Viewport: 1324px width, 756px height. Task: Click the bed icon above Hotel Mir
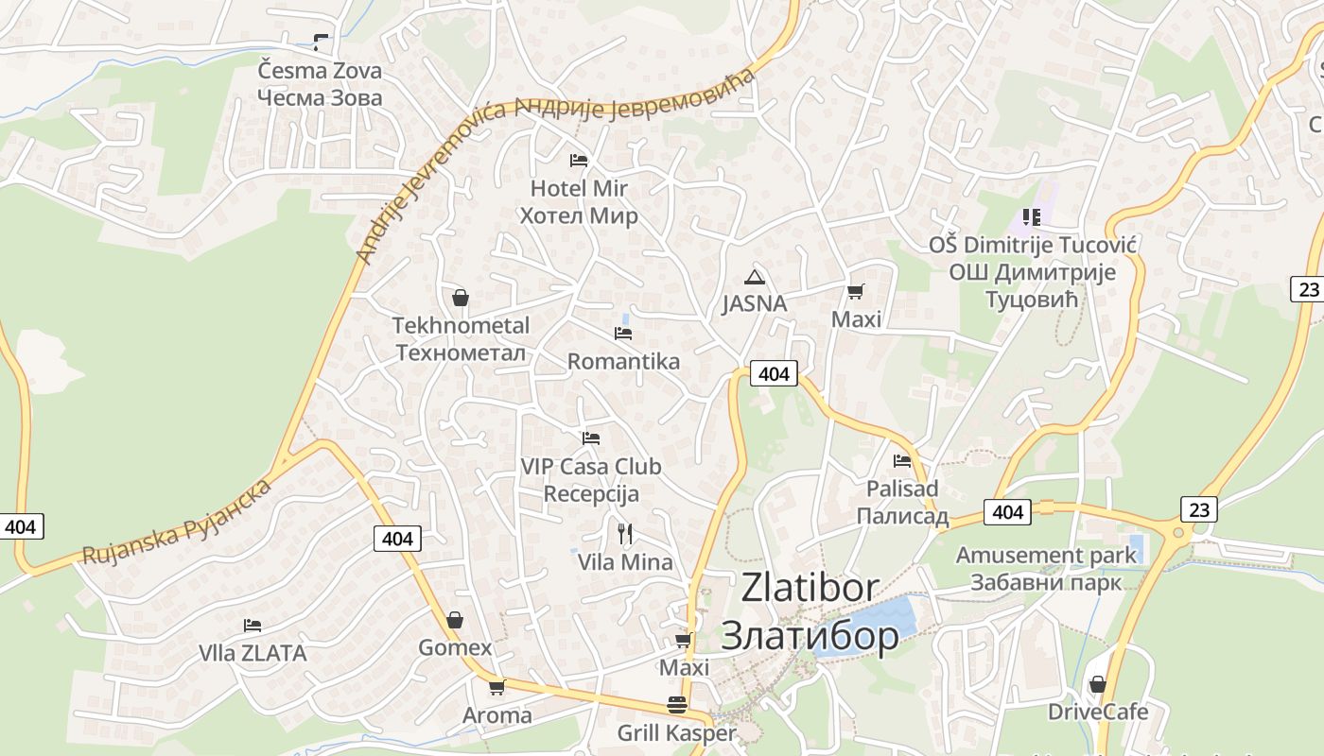[x=579, y=161]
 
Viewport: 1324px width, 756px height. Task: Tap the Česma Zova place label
[x=320, y=71]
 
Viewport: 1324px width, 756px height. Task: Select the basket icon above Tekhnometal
[x=461, y=299]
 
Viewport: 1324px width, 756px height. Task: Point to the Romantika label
[x=623, y=361]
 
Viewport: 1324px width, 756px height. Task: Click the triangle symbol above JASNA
[x=754, y=277]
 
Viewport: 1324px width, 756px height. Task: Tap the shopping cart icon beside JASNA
[x=856, y=292]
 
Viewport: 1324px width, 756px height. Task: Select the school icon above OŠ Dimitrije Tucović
[x=1031, y=217]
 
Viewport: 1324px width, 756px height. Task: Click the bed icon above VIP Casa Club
[x=591, y=438]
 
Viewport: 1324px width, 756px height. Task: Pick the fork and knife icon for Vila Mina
[x=624, y=534]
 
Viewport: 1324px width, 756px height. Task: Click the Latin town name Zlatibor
[x=810, y=588]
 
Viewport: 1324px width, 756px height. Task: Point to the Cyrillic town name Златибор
[x=810, y=635]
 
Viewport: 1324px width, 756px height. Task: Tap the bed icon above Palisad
[x=902, y=461]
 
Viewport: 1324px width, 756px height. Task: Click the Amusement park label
[x=1046, y=555]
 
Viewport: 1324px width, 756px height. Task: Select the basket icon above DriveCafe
[x=1098, y=684]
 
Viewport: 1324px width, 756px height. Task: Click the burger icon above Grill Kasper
[x=677, y=705]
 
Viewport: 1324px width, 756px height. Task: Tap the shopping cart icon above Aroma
[x=497, y=687]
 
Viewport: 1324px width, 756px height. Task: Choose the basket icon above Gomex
[x=455, y=620]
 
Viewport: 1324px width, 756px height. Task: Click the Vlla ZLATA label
[x=253, y=653]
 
